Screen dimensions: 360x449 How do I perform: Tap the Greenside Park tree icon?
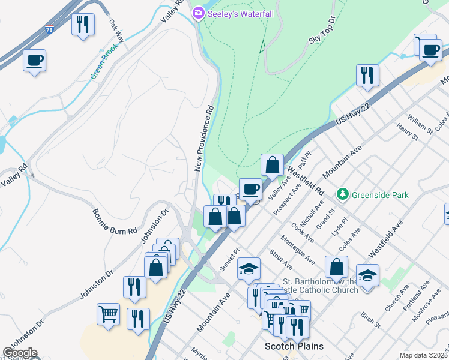[343, 194]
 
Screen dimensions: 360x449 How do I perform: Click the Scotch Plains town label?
[294, 346]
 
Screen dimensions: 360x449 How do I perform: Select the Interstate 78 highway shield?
[49, 29]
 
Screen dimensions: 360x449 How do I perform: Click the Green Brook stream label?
[104, 61]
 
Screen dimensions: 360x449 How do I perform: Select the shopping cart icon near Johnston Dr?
[108, 313]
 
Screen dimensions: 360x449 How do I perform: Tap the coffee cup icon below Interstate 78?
[35, 59]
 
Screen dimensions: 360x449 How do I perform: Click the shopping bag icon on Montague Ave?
[337, 266]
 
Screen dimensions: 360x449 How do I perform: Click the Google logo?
[20, 353]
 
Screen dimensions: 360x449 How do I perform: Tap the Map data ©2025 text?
[423, 355]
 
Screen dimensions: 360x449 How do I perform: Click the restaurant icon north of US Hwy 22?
[366, 74]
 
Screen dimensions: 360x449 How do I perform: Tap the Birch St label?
[370, 319]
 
